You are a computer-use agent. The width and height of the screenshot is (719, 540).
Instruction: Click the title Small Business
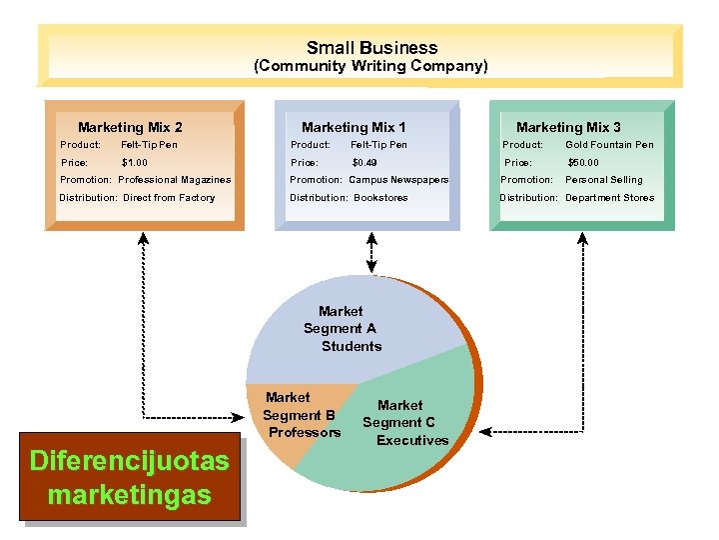click(x=371, y=47)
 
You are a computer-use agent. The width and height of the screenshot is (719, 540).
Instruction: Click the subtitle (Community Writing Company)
click(x=371, y=66)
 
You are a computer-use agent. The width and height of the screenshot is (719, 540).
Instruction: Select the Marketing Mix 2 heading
click(x=130, y=127)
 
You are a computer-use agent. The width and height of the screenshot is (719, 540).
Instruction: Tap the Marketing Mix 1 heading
click(x=354, y=127)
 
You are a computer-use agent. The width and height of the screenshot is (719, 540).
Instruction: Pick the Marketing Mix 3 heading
click(x=568, y=127)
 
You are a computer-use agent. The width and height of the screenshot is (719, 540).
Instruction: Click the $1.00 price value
click(x=135, y=162)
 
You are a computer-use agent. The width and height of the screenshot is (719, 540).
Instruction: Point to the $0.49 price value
click(x=364, y=162)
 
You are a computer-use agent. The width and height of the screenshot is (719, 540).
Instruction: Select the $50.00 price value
click(x=583, y=162)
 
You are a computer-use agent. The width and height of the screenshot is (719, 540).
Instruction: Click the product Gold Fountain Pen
click(x=609, y=145)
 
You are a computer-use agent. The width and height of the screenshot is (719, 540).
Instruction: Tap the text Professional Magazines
click(x=175, y=180)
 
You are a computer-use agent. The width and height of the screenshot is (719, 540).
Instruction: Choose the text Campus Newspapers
click(x=399, y=180)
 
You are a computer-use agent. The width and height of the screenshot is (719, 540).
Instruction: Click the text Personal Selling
click(x=604, y=180)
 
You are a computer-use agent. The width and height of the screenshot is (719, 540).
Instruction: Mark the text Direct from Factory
click(x=169, y=198)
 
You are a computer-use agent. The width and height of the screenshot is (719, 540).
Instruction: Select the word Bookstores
click(x=380, y=198)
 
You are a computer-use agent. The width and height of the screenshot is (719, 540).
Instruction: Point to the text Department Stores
click(x=610, y=198)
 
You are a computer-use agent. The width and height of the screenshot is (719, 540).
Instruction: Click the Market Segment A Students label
click(x=343, y=329)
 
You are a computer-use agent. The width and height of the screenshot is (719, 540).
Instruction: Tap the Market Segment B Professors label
click(x=301, y=415)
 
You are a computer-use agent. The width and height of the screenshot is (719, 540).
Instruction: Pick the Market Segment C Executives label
click(x=404, y=422)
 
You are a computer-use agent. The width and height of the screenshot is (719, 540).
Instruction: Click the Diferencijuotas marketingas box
click(x=130, y=477)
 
